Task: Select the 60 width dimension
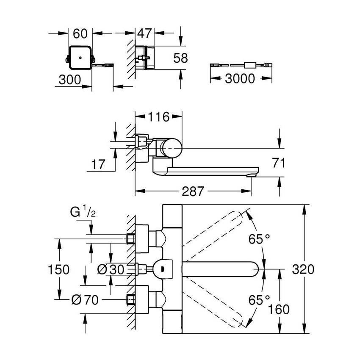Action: tap(80, 33)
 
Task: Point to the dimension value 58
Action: tap(180, 58)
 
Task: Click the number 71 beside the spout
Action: tap(277, 163)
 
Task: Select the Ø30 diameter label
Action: tap(111, 269)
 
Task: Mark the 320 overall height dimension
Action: tap(303, 269)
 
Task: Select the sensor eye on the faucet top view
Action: tap(162, 268)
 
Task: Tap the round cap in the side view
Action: tap(172, 147)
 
